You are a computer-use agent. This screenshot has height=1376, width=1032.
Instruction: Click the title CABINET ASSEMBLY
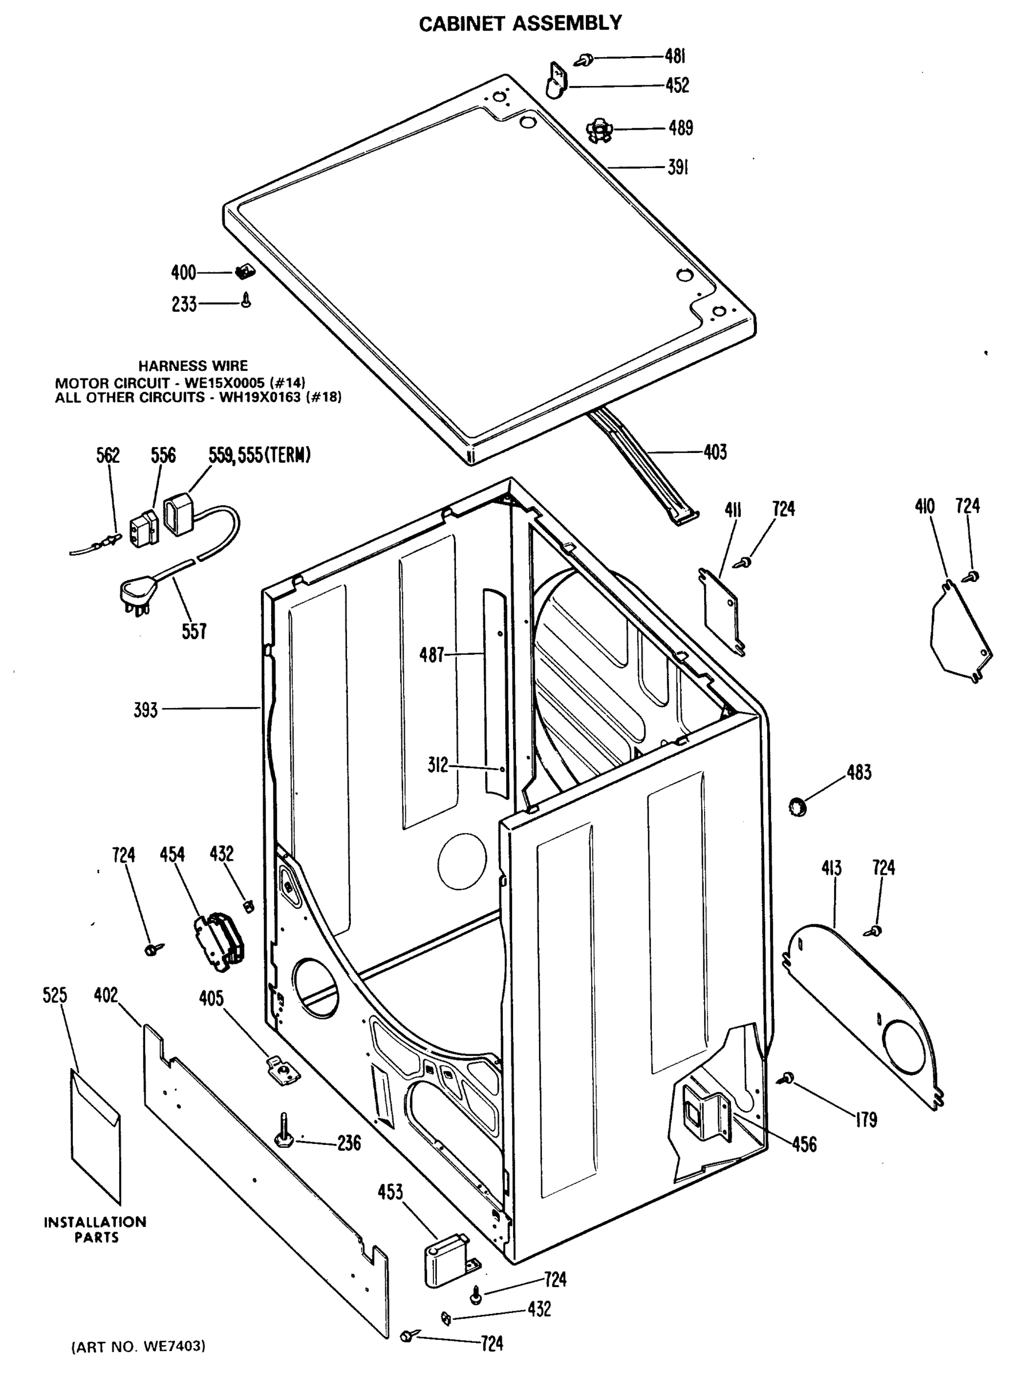(x=520, y=23)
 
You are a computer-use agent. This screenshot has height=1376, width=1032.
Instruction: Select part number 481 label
(x=675, y=57)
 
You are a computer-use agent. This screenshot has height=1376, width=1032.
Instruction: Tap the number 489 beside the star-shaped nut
(x=680, y=128)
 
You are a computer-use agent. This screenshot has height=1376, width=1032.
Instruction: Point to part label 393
(x=146, y=710)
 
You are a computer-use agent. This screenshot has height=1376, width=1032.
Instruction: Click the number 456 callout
(x=804, y=1144)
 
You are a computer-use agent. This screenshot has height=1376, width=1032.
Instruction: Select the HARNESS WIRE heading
(x=193, y=366)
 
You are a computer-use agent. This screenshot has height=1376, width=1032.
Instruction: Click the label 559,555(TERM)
(x=259, y=455)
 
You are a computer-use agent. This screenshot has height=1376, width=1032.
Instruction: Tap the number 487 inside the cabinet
(x=432, y=655)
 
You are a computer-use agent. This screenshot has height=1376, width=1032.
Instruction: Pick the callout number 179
(x=865, y=1120)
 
